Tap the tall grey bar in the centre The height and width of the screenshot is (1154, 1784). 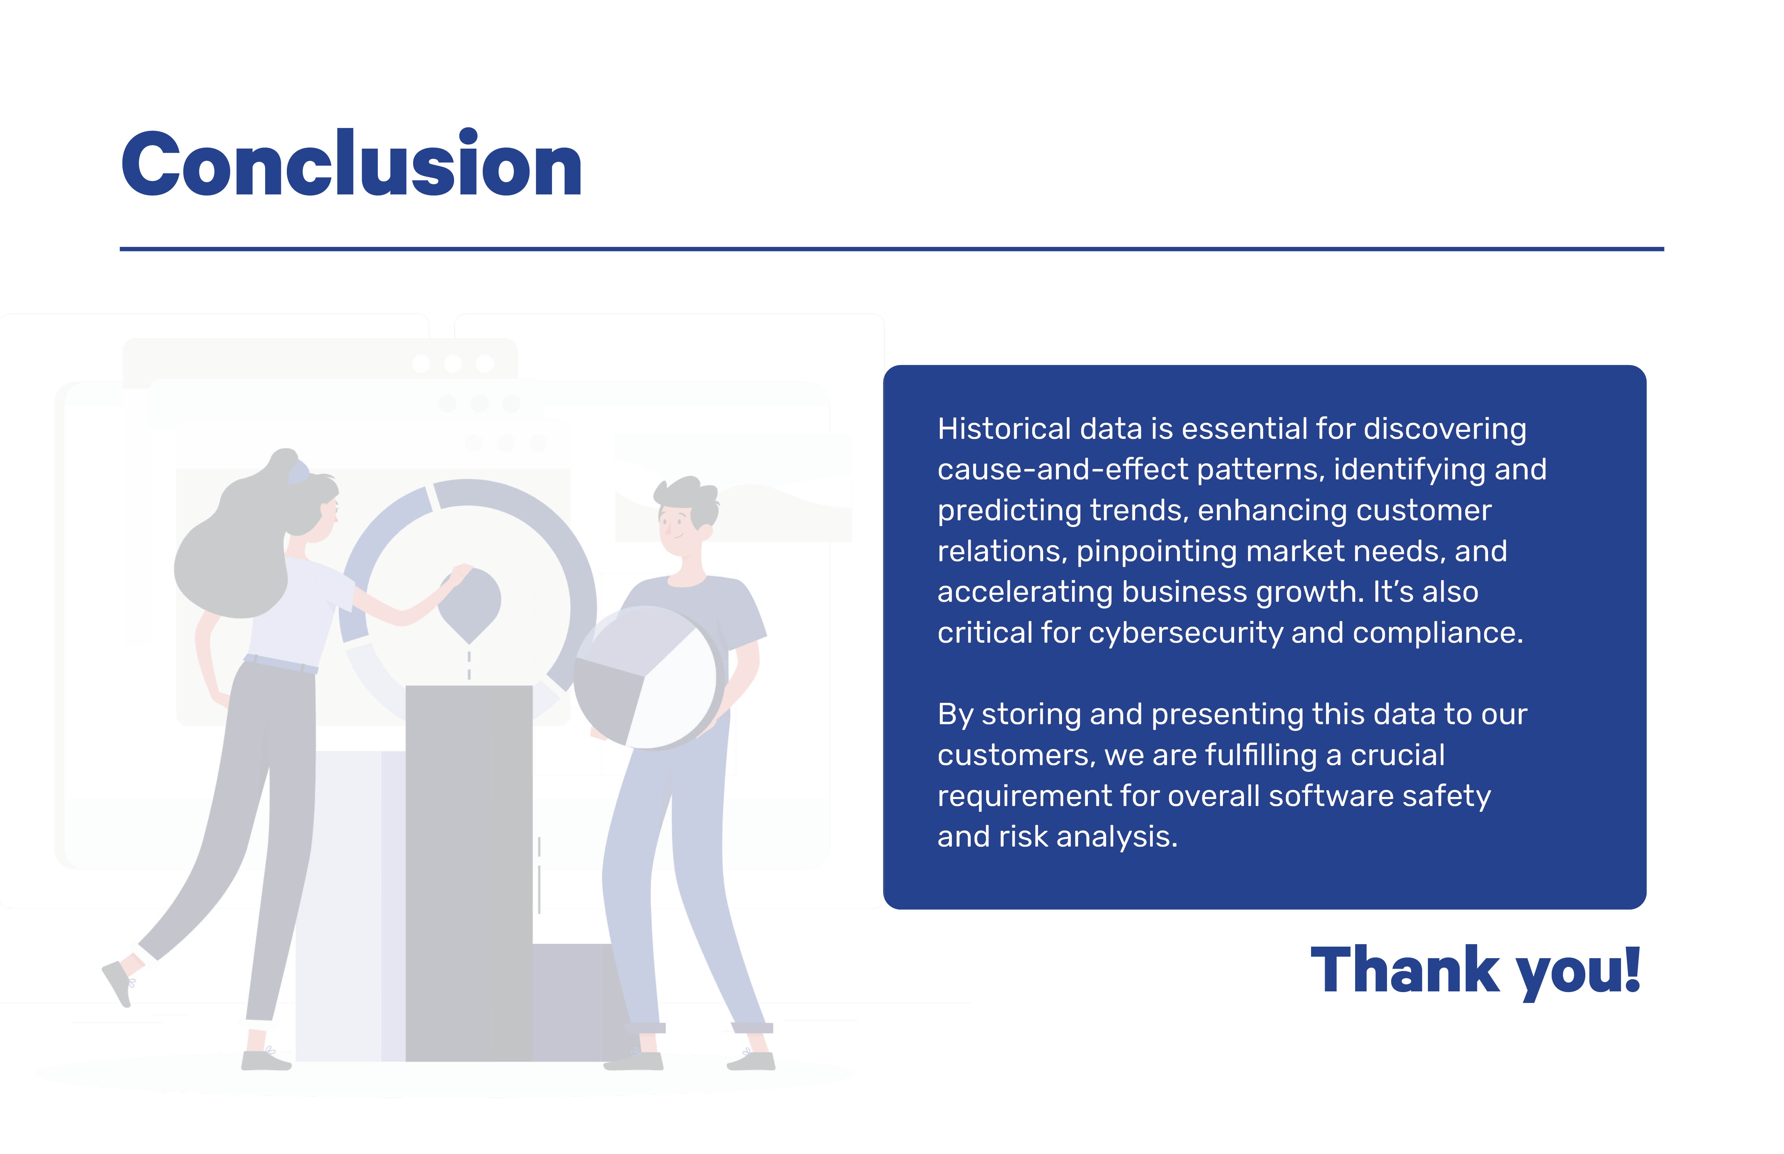[x=469, y=873]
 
